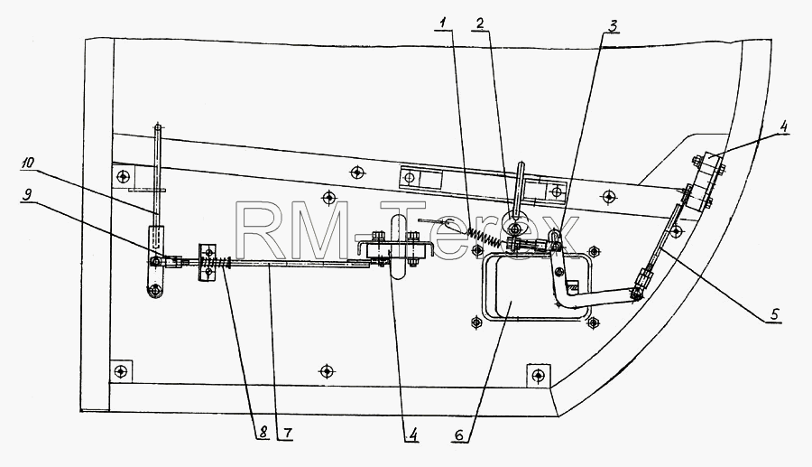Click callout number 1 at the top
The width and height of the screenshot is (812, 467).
(443, 23)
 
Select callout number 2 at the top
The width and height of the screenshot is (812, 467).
(480, 23)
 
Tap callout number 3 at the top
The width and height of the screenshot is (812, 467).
(613, 26)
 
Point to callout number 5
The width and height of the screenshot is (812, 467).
(774, 314)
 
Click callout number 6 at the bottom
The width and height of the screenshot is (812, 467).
(459, 434)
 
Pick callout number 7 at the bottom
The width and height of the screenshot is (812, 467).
(288, 433)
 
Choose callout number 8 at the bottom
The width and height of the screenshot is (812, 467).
(263, 433)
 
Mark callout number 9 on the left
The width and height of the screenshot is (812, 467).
(28, 194)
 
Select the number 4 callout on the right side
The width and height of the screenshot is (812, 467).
(783, 126)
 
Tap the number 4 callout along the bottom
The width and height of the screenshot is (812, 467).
(412, 434)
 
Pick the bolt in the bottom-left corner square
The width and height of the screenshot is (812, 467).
(121, 371)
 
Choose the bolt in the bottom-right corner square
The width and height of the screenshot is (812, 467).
(539, 375)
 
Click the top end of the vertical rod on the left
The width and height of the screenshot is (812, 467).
(157, 126)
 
